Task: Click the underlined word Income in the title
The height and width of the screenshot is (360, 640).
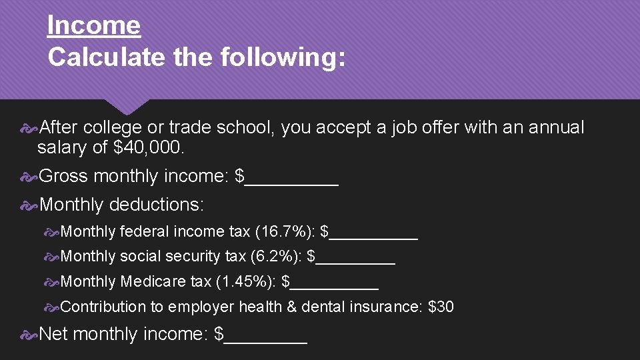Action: point(94,26)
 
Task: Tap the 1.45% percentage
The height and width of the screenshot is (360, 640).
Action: point(246,282)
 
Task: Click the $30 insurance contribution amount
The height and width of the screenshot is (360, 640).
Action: point(441,307)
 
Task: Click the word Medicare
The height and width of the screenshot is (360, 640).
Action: point(145,282)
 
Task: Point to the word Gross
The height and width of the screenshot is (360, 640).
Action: point(64,176)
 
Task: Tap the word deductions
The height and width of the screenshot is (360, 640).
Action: point(156,205)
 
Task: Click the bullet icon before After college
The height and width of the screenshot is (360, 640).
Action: point(29,127)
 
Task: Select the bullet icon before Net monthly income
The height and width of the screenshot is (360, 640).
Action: point(29,334)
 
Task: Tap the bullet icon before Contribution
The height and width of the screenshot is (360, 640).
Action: point(51,307)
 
